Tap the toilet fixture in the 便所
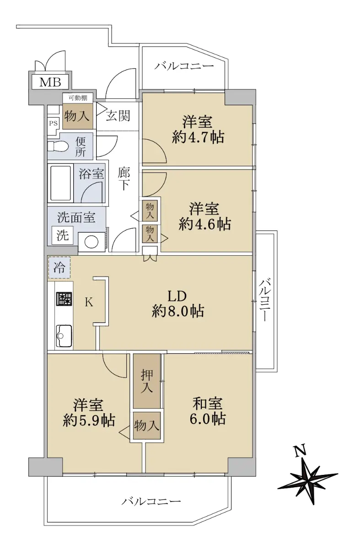click(x=58, y=146)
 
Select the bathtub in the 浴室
click(x=60, y=183)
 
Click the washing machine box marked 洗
click(x=63, y=236)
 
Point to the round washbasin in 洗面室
click(x=91, y=242)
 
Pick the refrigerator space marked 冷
click(x=59, y=268)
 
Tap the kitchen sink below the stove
click(x=64, y=336)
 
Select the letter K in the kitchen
click(x=89, y=302)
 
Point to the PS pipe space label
click(x=54, y=123)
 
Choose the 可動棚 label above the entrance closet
click(x=77, y=98)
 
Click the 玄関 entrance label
click(x=118, y=115)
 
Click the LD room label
click(x=177, y=296)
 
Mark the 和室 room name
click(x=207, y=404)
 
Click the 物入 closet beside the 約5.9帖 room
click(x=147, y=425)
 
